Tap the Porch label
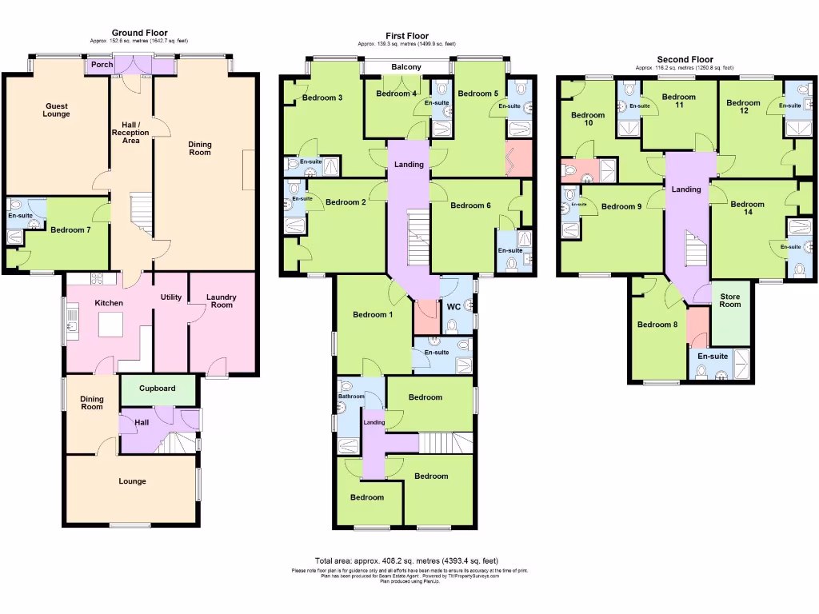(x=101, y=66)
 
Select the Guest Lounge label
(x=57, y=110)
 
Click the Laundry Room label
(x=222, y=301)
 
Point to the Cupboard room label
(x=157, y=389)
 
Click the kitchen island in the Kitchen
(x=110, y=325)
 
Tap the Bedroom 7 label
(x=70, y=230)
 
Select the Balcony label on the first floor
(x=406, y=67)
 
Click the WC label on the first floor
(x=453, y=306)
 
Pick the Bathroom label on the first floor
(x=351, y=396)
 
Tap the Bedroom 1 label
(x=373, y=314)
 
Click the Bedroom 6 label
(x=470, y=205)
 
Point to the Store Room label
(x=729, y=300)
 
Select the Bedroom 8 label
(x=657, y=325)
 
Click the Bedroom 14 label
(x=747, y=208)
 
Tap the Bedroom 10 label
(x=588, y=119)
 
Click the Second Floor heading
(x=684, y=59)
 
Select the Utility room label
(x=171, y=297)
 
